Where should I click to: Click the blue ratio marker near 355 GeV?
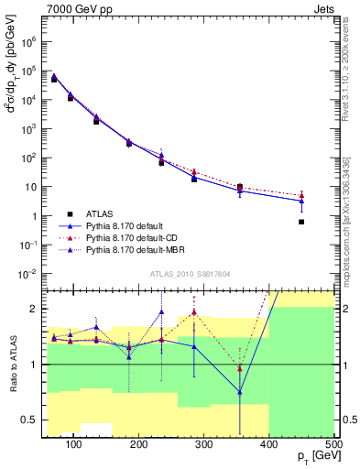[x=240, y=392]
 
